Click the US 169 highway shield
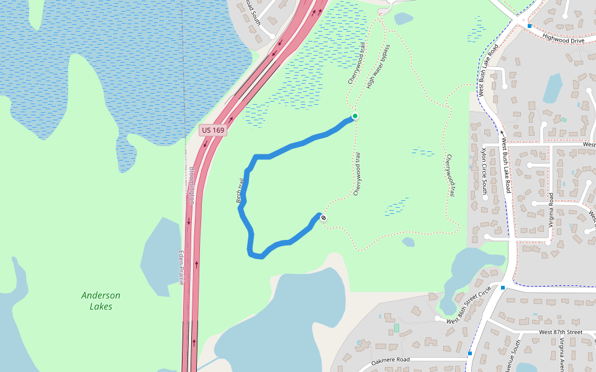[213, 130]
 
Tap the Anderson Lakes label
[101, 301]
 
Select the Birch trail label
[240, 191]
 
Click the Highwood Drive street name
[563, 39]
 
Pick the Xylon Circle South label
[484, 170]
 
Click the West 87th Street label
[561, 332]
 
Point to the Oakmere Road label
[391, 360]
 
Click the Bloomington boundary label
[192, 186]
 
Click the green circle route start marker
[355, 116]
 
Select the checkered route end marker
[323, 217]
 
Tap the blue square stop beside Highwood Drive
[529, 26]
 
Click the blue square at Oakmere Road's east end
[470, 353]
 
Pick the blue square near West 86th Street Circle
[503, 288]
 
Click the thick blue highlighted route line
[292, 146]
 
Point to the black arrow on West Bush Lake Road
[502, 132]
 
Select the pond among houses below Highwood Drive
[553, 88]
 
